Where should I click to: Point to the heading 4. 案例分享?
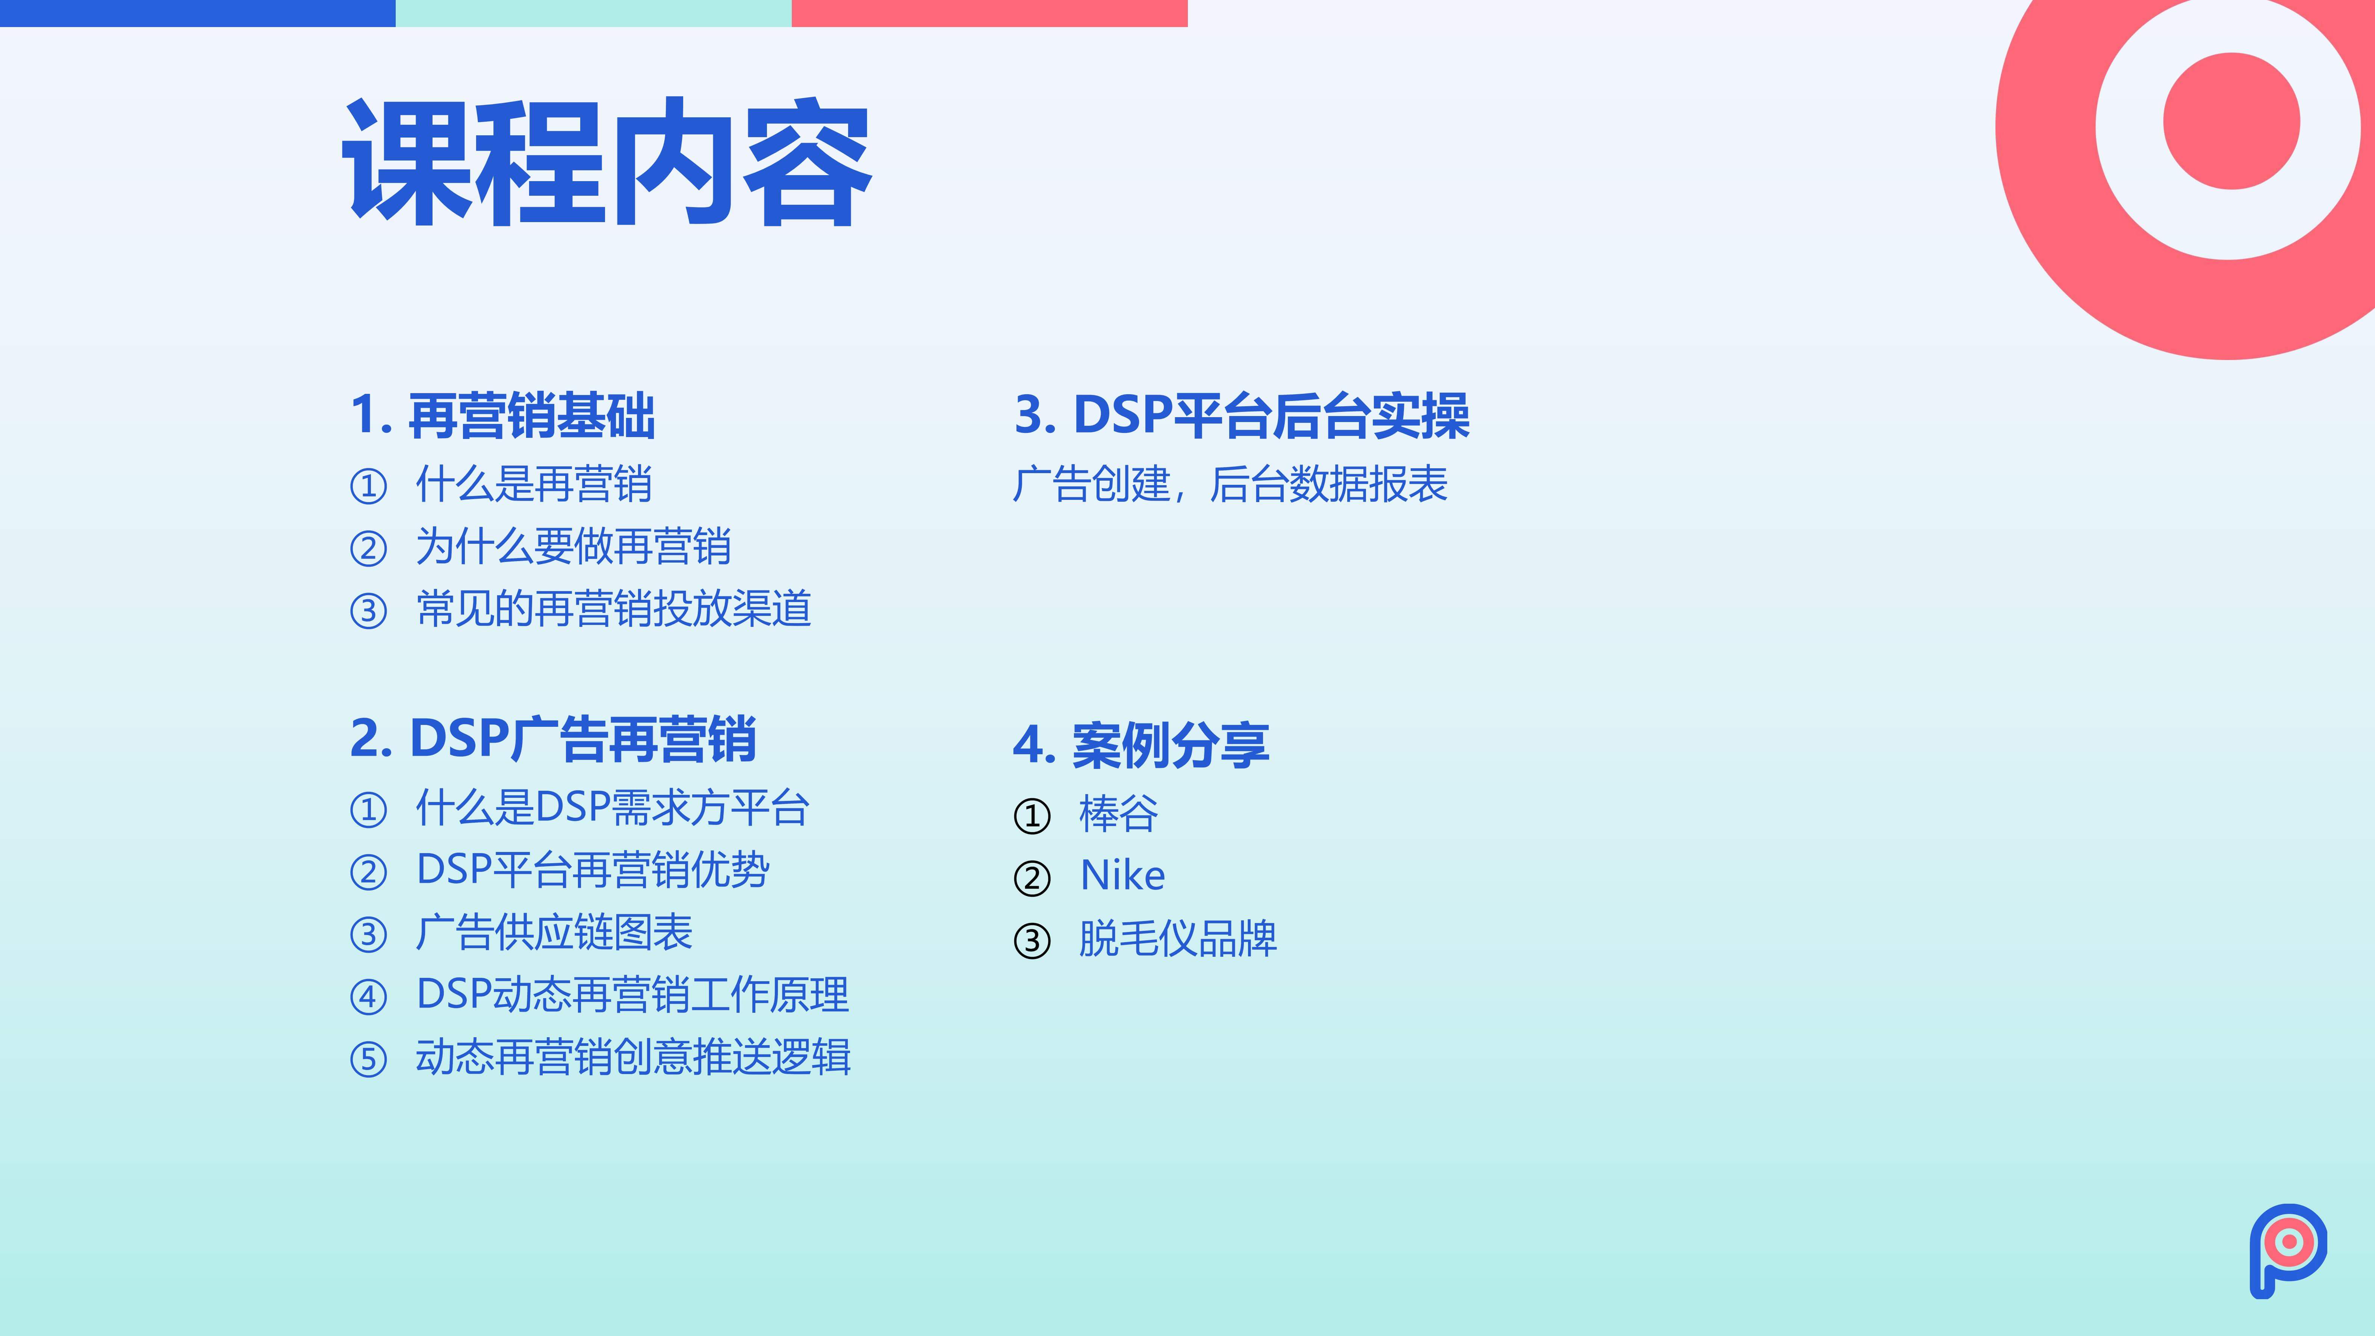[1141, 745]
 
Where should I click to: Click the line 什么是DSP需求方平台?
[612, 808]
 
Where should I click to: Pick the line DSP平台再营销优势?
[593, 870]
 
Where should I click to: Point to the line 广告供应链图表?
[554, 932]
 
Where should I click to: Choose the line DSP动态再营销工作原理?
[632, 994]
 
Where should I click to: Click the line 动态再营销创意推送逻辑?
[633, 1057]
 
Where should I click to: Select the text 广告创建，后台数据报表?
[1230, 484]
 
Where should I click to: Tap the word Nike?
[1122, 875]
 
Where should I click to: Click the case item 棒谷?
[1118, 813]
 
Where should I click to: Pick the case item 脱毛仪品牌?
[1177, 939]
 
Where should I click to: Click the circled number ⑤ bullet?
[368, 1059]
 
